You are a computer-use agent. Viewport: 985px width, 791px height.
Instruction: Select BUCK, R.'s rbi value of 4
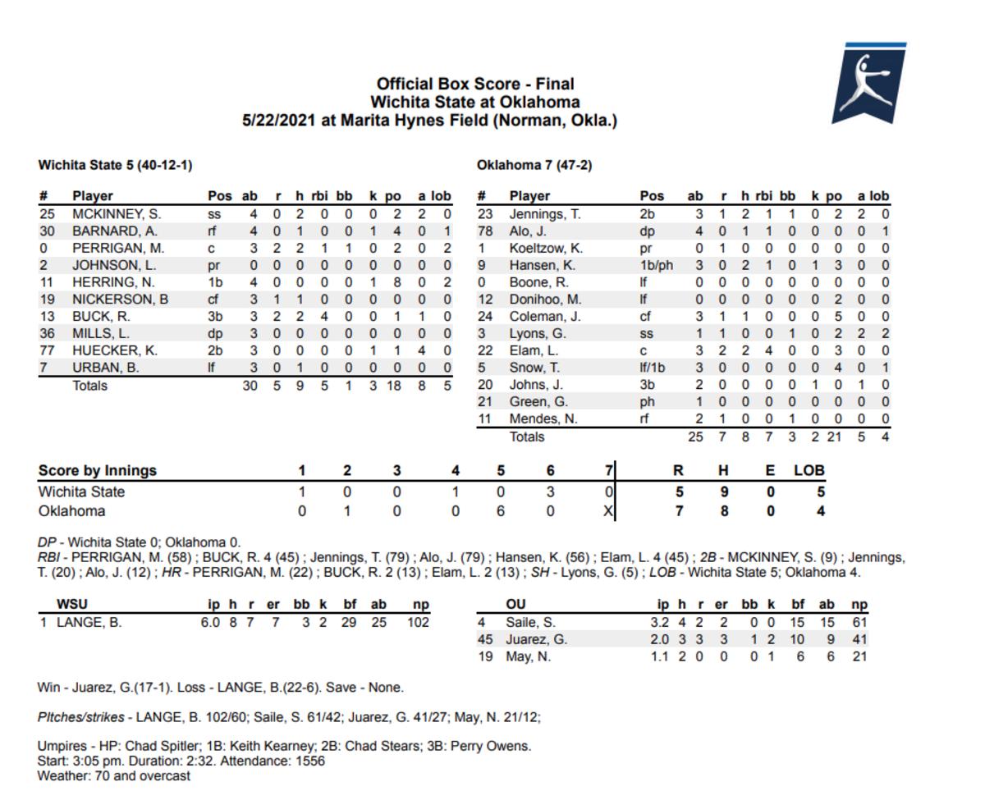coord(323,316)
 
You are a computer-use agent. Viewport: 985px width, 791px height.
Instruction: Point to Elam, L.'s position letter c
coord(644,350)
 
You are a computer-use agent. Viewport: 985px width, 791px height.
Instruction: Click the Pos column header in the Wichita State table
coord(220,196)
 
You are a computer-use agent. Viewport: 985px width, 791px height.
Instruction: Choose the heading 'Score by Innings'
coord(97,471)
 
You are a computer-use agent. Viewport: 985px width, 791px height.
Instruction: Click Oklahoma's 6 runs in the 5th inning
coord(501,511)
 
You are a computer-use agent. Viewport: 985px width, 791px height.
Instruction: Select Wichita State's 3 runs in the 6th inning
coord(550,492)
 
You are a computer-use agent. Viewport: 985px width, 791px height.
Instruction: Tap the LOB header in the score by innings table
coord(809,471)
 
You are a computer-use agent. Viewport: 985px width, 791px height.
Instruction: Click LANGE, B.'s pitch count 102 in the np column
coord(418,622)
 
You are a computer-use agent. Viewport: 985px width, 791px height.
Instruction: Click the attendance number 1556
coord(309,761)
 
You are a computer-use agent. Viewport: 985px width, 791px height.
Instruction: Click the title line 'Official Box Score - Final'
coord(475,84)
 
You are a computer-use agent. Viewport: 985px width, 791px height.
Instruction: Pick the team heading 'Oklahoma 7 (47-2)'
coord(534,165)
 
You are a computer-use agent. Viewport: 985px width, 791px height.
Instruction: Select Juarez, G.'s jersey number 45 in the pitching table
coord(485,639)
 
